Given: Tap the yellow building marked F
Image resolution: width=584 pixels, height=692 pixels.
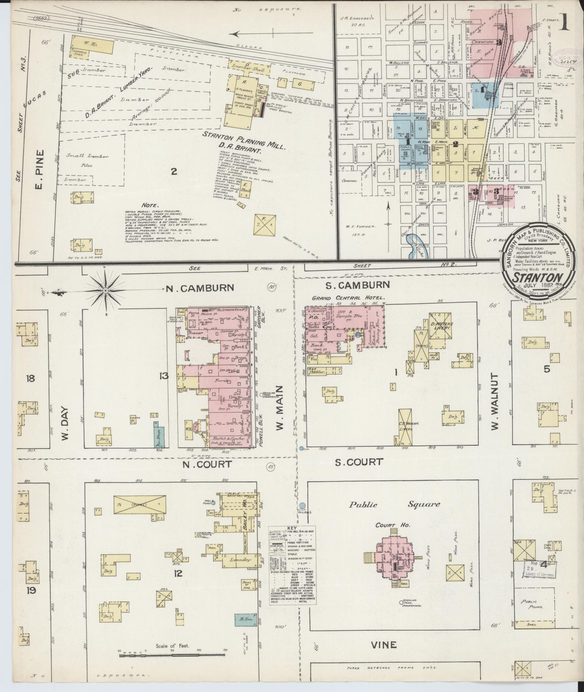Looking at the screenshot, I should pyautogui.click(x=264, y=225).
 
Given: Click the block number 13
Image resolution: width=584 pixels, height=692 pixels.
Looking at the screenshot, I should pyautogui.click(x=164, y=376).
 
